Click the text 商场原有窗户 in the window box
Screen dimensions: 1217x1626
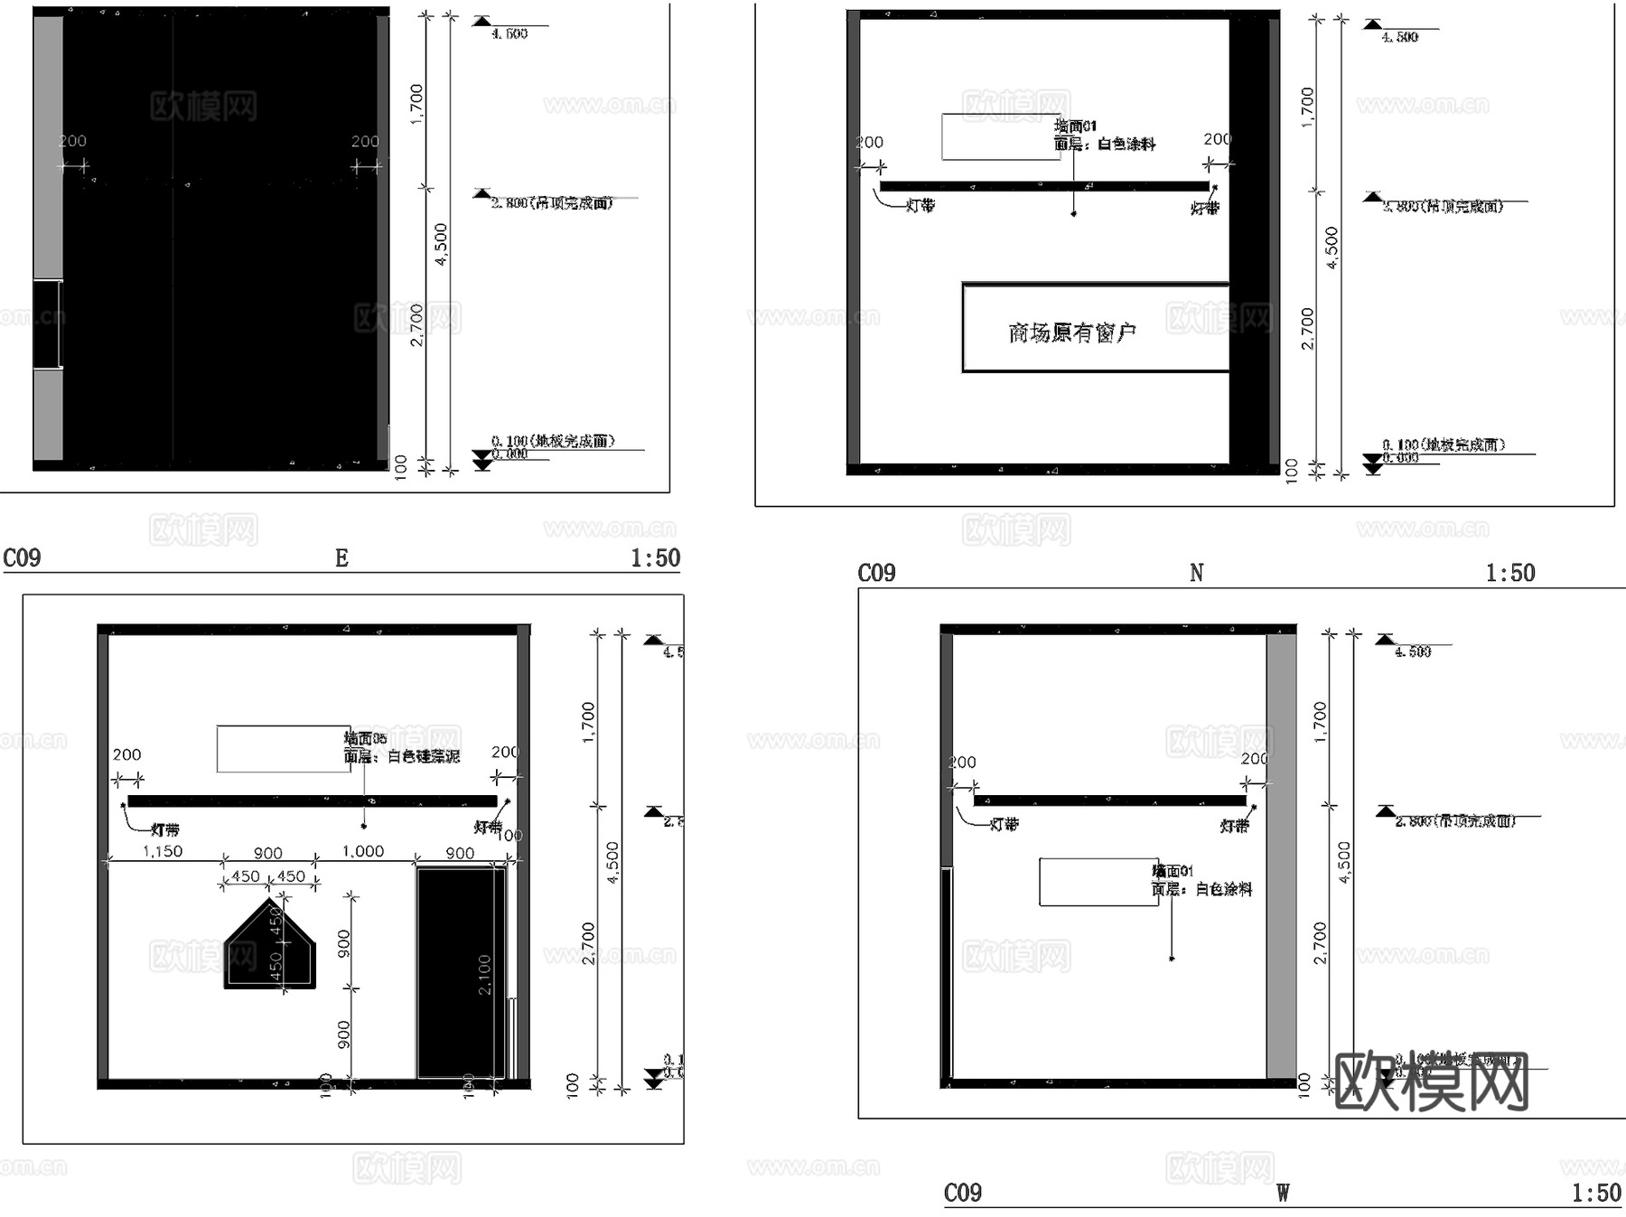1071,333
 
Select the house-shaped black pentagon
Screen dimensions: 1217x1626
270,949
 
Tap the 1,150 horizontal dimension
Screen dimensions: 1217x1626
163,851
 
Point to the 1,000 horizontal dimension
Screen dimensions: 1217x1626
362,851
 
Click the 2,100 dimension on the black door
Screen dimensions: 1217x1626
484,974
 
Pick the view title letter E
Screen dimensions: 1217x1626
341,558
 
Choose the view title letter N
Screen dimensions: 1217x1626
1196,573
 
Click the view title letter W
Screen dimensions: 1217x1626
1283,1193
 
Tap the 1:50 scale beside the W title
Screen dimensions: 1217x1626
1596,1193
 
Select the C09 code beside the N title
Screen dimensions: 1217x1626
876,573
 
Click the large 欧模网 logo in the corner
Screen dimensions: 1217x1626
1431,1081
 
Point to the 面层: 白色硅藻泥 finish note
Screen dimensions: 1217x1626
401,756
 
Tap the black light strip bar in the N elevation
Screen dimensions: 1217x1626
1043,186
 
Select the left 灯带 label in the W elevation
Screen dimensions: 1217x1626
1004,824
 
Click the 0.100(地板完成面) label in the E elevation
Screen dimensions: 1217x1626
553,441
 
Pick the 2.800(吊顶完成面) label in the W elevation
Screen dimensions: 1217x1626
1453,820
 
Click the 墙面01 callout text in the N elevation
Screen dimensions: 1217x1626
1076,126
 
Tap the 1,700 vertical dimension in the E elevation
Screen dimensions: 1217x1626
416,104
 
